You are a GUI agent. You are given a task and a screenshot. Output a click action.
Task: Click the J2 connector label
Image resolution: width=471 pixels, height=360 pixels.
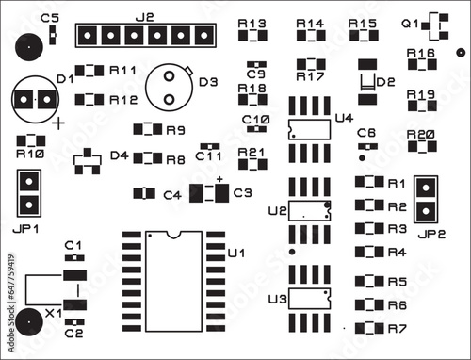(x=145, y=17)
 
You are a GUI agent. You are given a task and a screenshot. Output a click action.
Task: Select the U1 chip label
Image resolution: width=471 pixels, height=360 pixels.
(x=236, y=253)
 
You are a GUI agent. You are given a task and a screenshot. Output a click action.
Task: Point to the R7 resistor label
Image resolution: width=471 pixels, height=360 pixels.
(x=397, y=328)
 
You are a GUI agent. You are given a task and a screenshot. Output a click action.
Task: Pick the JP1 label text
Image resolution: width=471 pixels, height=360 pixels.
(x=28, y=228)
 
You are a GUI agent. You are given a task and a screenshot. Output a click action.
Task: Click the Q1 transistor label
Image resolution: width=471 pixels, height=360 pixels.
(x=411, y=23)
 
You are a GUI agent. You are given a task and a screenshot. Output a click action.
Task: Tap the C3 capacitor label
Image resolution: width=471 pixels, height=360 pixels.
(x=242, y=192)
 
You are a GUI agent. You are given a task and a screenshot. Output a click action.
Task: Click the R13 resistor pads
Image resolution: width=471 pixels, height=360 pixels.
(x=252, y=37)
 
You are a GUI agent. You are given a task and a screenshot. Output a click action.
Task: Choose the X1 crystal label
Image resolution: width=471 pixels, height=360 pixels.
(x=54, y=311)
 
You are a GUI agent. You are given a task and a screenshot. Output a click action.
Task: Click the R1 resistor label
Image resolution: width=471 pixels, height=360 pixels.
(x=397, y=183)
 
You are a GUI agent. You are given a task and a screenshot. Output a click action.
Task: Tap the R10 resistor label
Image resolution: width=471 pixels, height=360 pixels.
(x=30, y=153)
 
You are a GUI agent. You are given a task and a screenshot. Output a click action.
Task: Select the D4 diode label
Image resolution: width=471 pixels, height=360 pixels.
(x=119, y=155)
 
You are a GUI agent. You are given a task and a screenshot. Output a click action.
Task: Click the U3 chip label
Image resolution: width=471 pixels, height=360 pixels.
(x=276, y=300)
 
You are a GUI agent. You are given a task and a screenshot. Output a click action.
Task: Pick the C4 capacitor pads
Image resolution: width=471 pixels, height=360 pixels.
(x=143, y=193)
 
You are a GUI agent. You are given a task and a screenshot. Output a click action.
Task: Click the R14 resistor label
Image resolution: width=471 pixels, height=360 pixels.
(x=309, y=23)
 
